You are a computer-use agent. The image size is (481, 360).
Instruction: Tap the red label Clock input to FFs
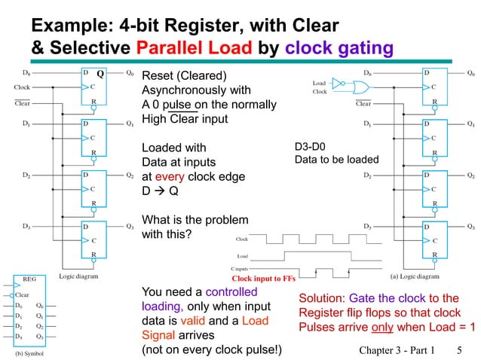pos(263,278)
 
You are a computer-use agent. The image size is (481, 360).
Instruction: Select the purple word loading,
pos(163,307)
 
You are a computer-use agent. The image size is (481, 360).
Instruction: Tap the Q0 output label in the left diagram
pos(130,74)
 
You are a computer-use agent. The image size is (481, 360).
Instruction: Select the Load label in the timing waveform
pos(243,256)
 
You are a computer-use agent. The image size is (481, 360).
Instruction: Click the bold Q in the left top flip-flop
pos(100,75)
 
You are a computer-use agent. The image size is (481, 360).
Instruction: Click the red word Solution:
pos(325,298)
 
